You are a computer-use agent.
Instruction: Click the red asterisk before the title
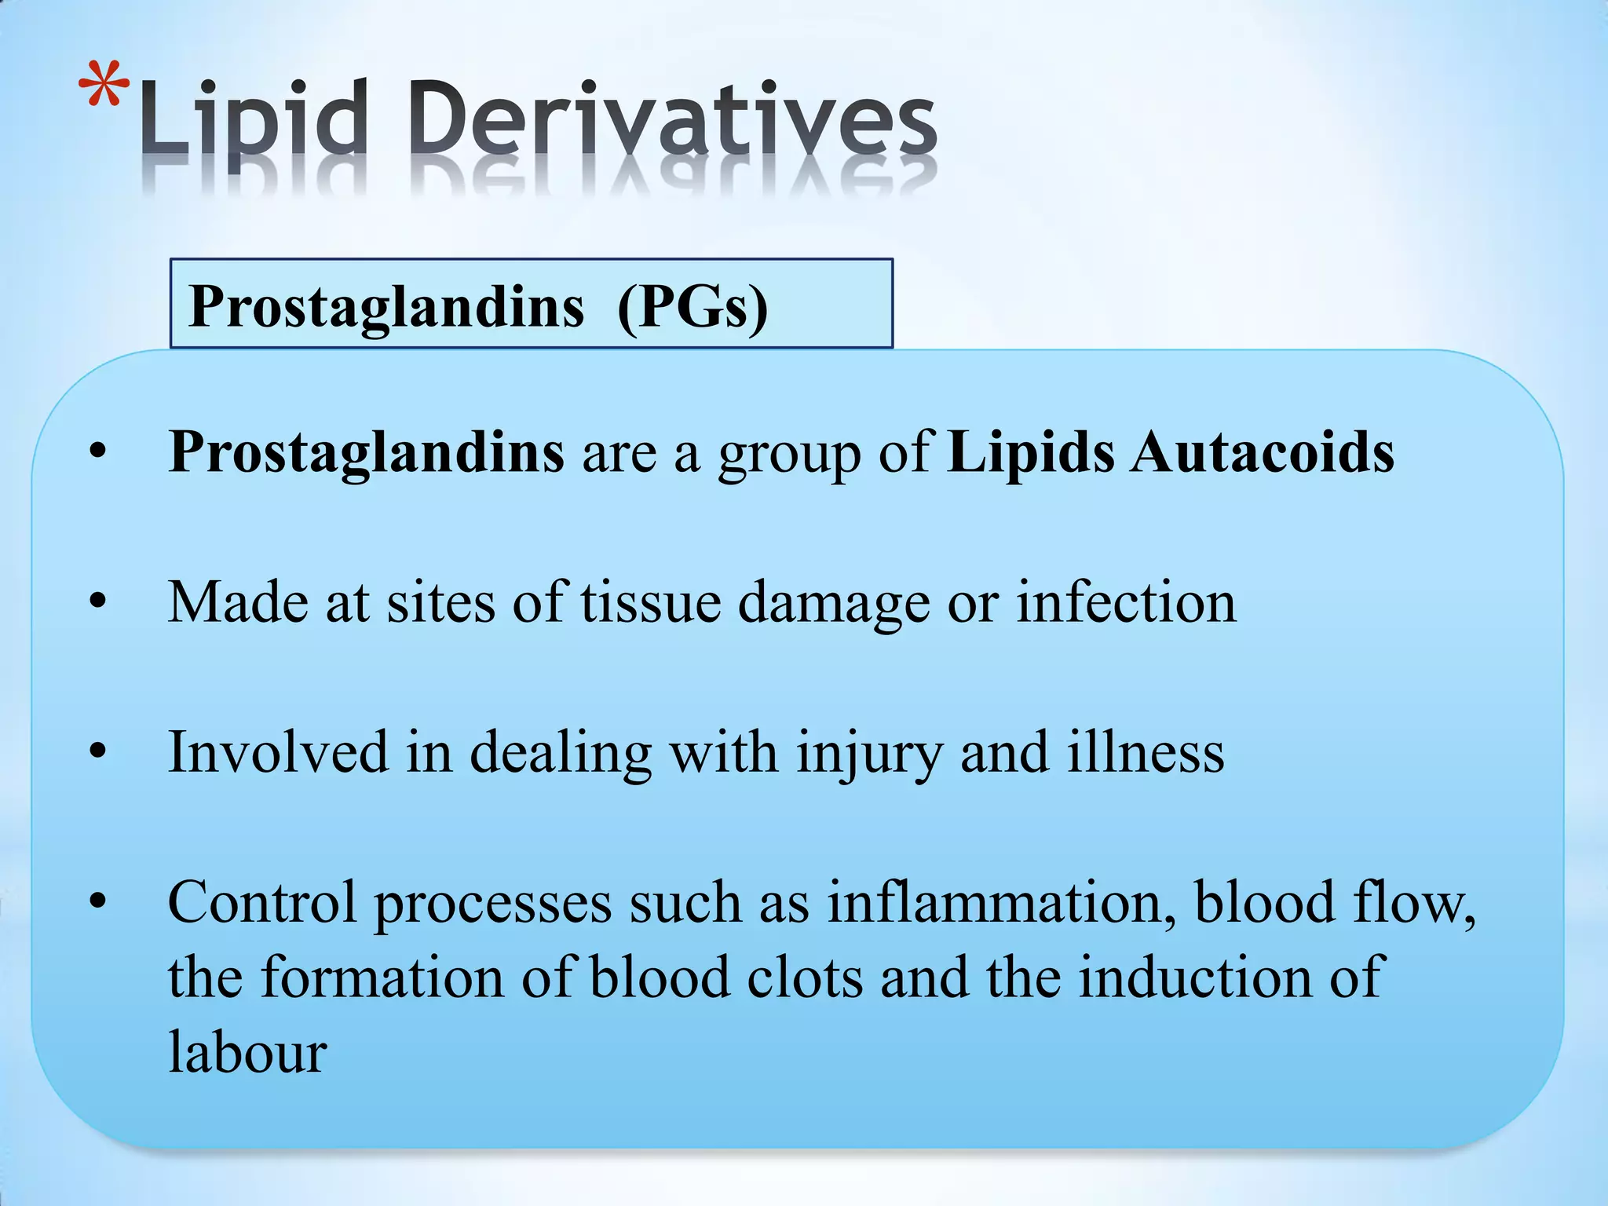[104, 86]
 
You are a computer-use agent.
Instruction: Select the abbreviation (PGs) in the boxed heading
[693, 307]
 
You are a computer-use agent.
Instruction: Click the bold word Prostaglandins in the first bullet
[367, 453]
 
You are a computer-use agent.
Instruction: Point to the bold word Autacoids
[1262, 453]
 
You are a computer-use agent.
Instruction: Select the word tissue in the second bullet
[651, 602]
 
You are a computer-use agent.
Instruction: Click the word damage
[833, 602]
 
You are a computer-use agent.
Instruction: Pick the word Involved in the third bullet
[278, 752]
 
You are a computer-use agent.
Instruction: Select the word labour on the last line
[247, 1052]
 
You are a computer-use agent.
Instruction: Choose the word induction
[1193, 978]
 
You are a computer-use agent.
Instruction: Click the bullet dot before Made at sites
[97, 603]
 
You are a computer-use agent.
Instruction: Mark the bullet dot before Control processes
[97, 903]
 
